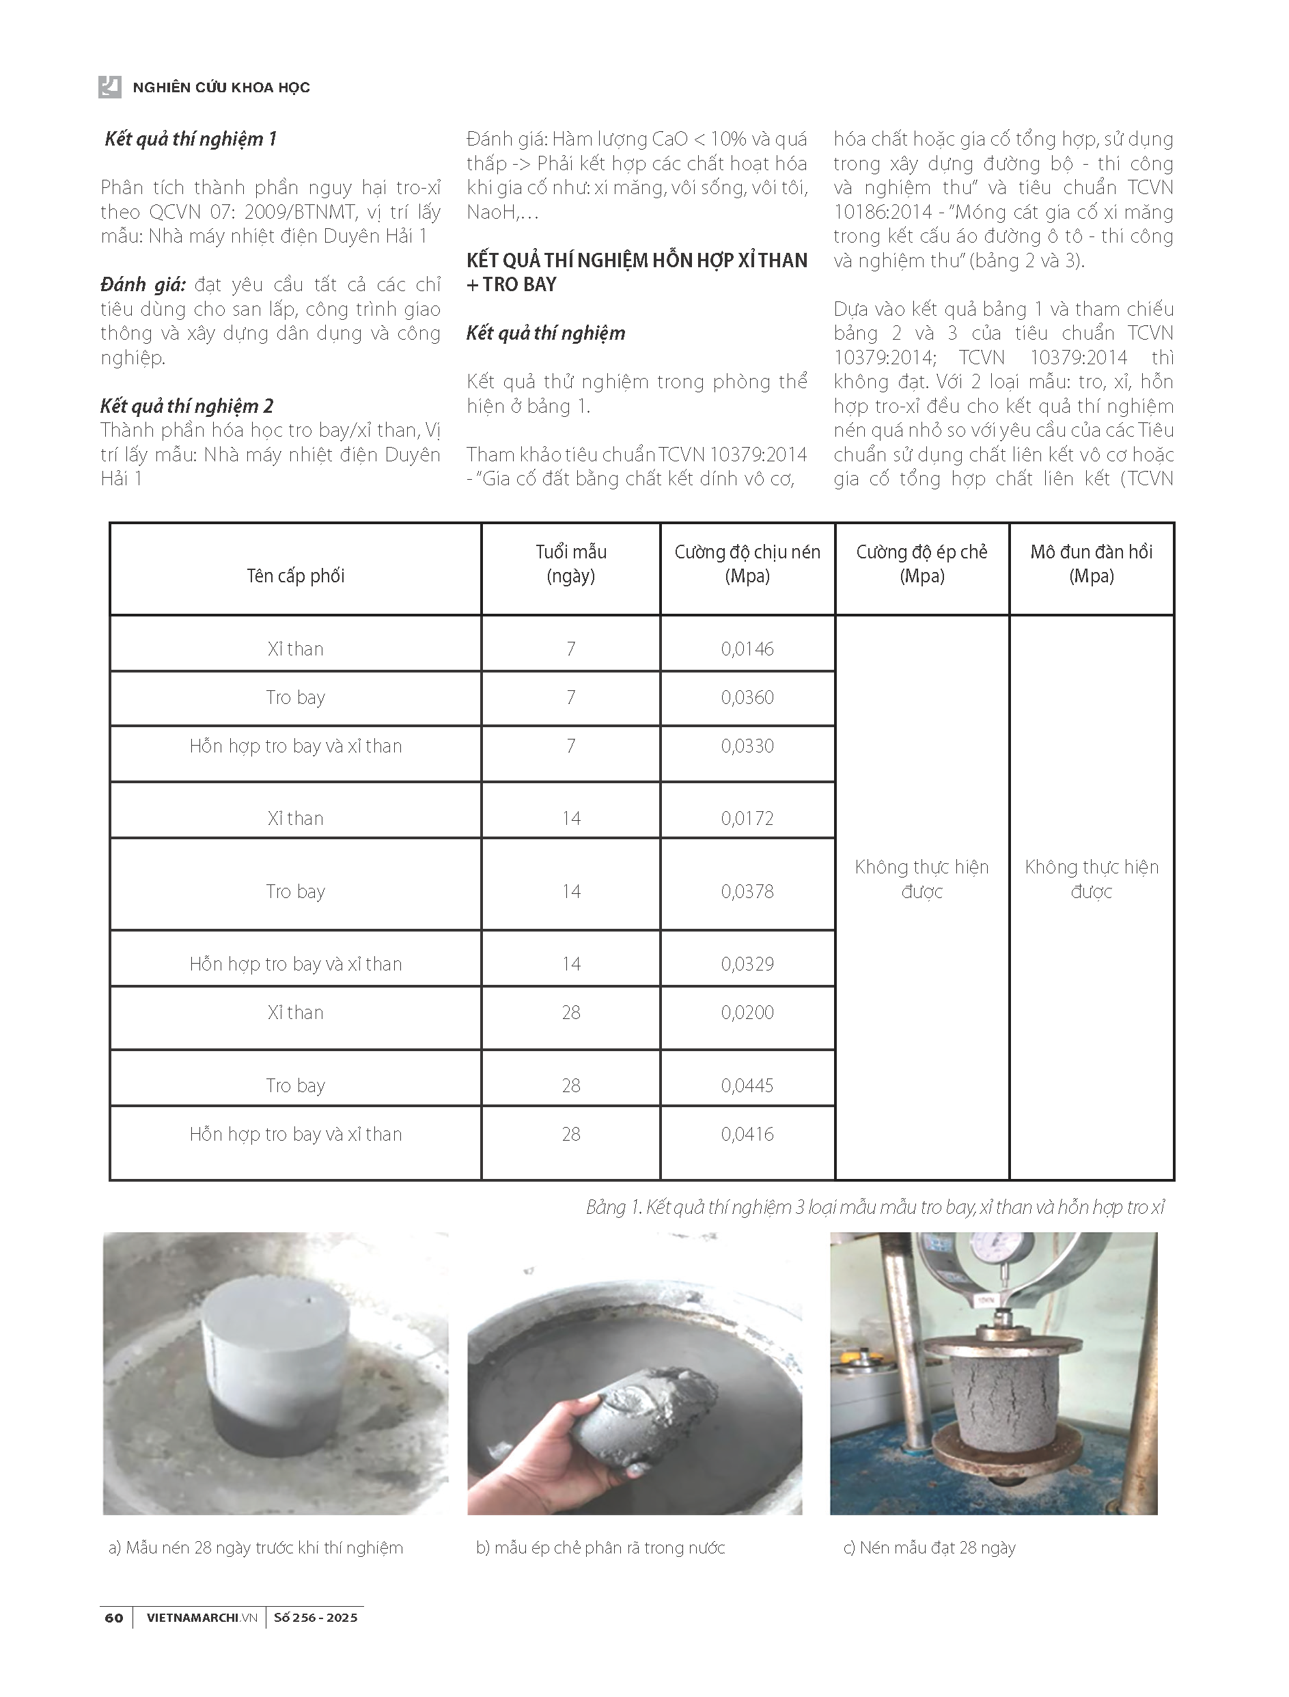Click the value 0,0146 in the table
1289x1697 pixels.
coord(747,649)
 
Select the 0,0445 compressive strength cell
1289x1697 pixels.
coord(747,1086)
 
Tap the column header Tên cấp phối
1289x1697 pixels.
coord(295,576)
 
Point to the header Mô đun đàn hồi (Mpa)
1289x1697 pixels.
coord(1091,564)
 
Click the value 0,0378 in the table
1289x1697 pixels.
coord(747,892)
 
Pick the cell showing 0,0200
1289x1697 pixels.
coord(747,1013)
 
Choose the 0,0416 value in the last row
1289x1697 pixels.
coord(747,1135)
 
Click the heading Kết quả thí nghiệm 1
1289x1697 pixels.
coord(191,139)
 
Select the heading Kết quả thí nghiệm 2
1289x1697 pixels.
coord(187,406)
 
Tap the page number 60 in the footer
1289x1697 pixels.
coord(113,1618)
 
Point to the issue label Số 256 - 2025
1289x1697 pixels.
coord(316,1618)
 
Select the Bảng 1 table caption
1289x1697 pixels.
coord(874,1208)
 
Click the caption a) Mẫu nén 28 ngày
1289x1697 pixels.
coord(255,1548)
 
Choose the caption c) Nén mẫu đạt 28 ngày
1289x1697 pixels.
coord(929,1548)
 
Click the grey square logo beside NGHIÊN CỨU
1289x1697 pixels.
coord(110,87)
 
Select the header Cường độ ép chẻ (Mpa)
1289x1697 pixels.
coord(921,564)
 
